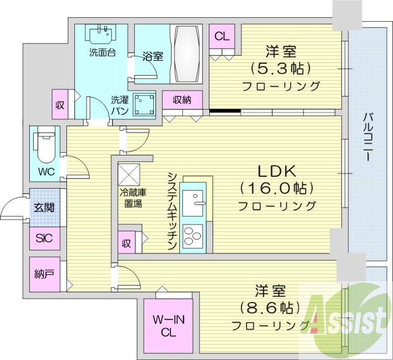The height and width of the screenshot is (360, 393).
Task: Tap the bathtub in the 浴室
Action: (x=187, y=54)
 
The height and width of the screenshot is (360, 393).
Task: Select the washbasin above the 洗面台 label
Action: (x=101, y=33)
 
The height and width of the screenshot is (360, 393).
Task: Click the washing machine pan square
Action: (x=144, y=104)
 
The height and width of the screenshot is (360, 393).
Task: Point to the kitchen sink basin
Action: (x=193, y=203)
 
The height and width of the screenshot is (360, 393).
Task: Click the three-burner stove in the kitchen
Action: (x=193, y=236)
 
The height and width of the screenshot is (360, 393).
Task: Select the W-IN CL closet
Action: (x=168, y=327)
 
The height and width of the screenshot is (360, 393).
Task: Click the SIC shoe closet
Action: (x=45, y=239)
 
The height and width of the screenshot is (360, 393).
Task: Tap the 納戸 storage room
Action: (x=45, y=274)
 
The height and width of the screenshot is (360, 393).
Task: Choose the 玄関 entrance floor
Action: (x=45, y=208)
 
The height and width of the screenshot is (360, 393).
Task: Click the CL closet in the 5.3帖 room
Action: (x=222, y=36)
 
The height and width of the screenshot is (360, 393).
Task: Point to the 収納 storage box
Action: (x=182, y=100)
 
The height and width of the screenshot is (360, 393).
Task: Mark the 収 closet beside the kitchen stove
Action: (x=127, y=242)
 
